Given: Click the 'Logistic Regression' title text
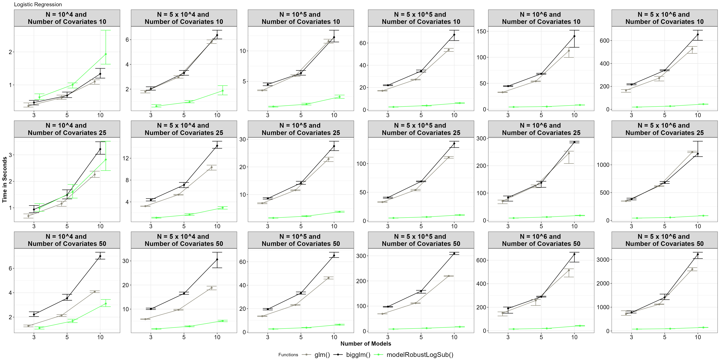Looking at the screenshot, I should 38,5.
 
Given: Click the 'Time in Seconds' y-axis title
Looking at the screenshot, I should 5,179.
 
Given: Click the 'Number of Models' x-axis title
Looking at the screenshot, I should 366,343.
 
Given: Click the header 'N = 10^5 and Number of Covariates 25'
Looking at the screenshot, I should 301,129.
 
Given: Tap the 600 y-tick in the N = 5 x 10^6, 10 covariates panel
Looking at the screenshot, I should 605,40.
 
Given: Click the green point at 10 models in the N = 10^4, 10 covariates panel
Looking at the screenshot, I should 106,54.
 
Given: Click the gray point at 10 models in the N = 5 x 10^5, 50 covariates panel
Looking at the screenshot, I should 449,276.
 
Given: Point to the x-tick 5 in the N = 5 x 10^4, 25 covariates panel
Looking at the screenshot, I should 184,226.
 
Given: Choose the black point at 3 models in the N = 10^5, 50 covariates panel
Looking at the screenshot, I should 267,309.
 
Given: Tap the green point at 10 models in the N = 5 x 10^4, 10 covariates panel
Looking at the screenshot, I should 222,91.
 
